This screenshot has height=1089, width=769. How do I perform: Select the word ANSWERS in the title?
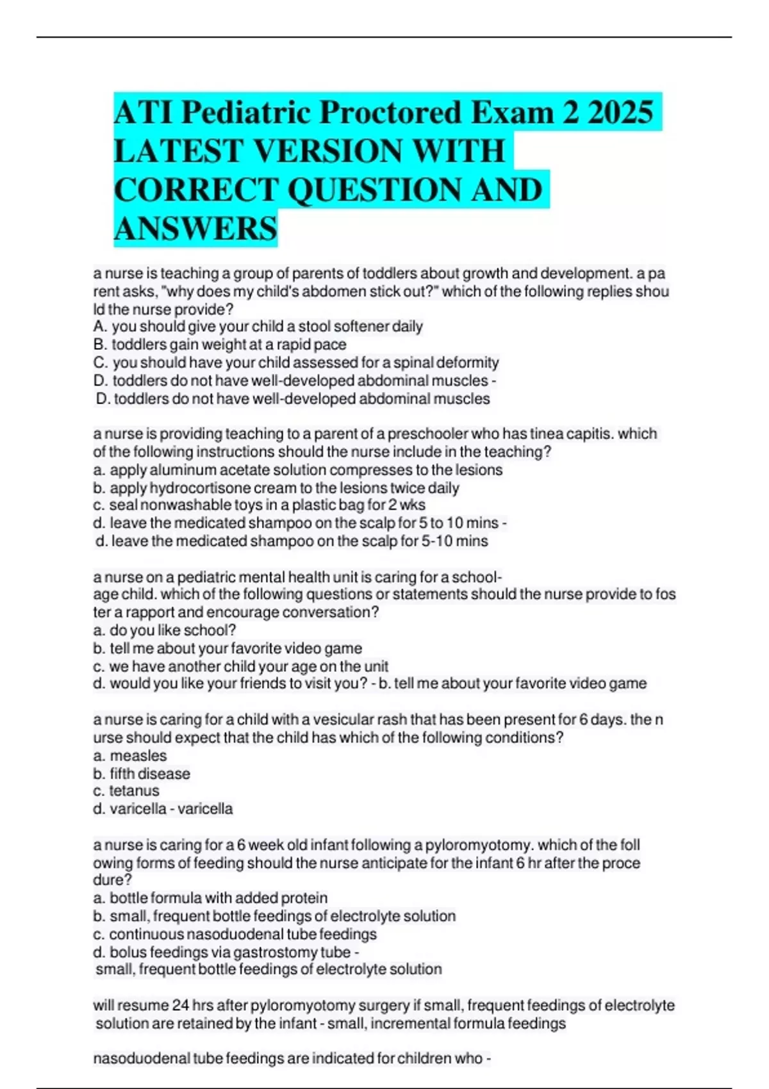(195, 229)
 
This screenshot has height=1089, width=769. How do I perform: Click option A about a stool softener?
(258, 327)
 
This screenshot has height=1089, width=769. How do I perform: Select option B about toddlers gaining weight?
(220, 345)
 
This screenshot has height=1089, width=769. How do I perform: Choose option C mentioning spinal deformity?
(296, 363)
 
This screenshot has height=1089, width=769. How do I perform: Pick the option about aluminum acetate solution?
(298, 470)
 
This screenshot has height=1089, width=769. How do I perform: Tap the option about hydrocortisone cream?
(276, 487)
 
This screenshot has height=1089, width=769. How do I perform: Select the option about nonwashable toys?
(259, 505)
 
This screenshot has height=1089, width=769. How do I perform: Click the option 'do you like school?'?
(165, 630)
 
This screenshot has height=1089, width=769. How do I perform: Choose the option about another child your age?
(240, 666)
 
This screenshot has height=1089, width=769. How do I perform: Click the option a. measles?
(130, 756)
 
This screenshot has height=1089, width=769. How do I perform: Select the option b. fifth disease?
(142, 774)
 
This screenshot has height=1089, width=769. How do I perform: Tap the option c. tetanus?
(126, 791)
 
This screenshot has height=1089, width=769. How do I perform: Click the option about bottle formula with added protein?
(210, 898)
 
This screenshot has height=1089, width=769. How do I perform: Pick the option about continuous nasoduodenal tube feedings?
(235, 934)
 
